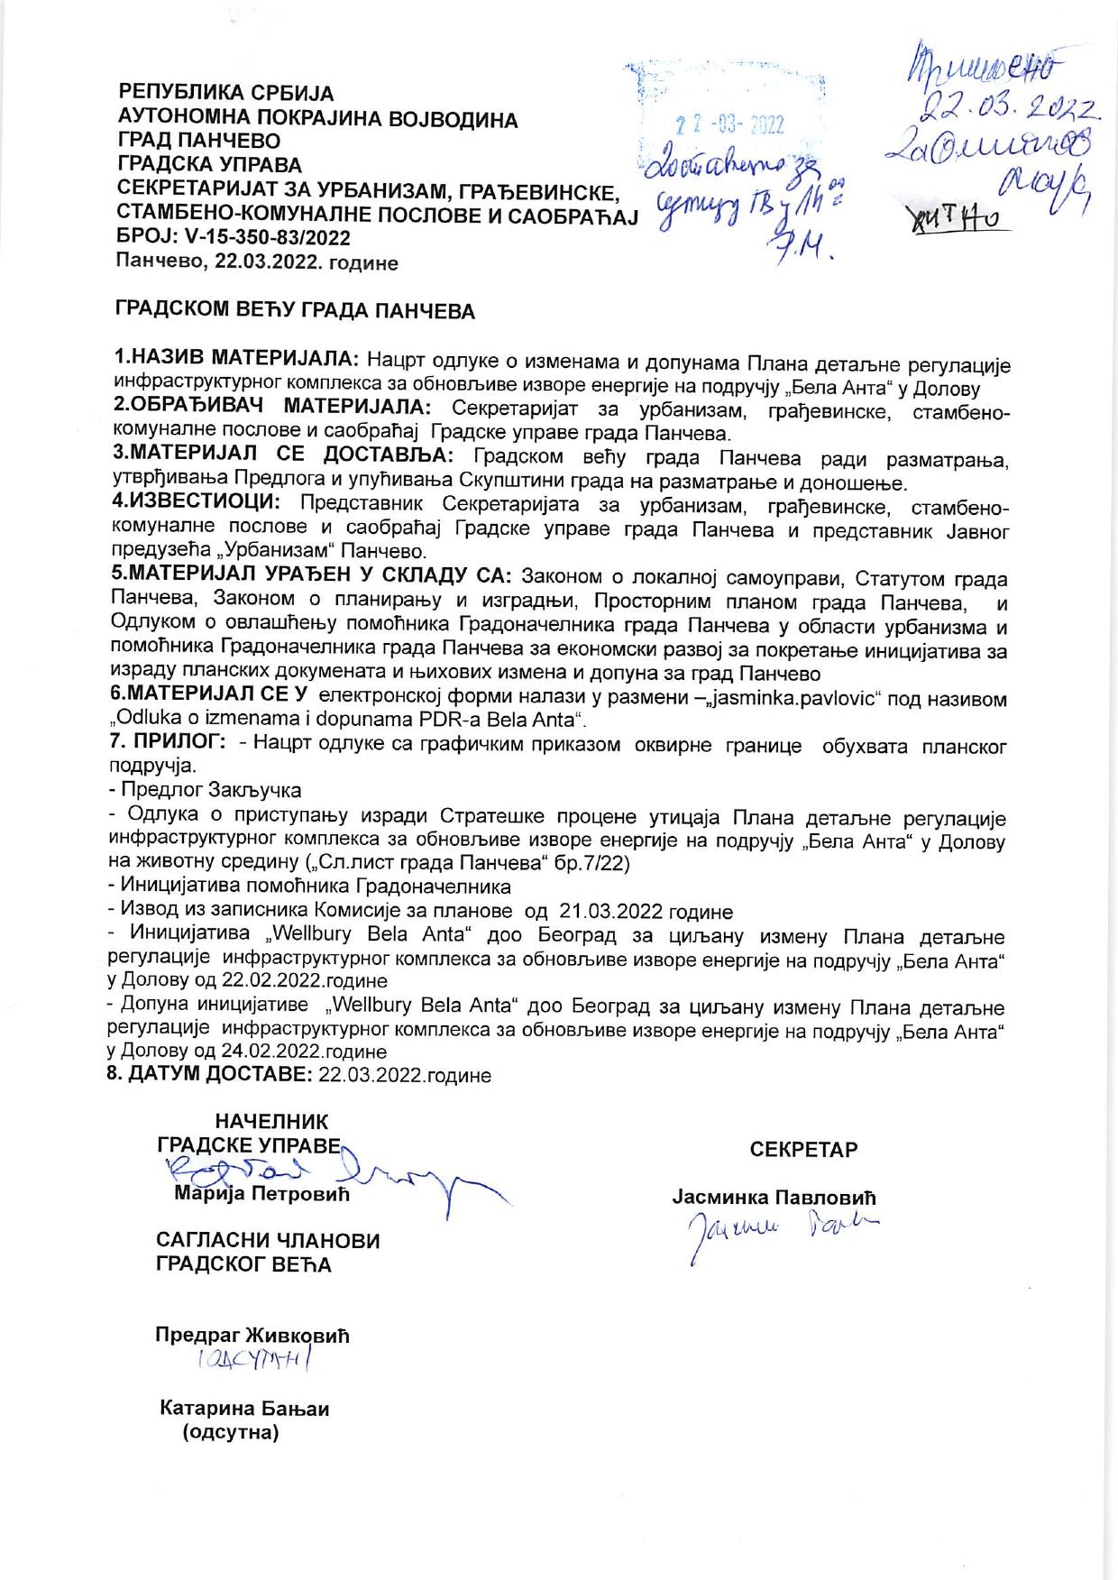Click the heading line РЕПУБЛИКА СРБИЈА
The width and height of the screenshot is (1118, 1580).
[226, 93]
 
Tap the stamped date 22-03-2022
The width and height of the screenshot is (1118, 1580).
[730, 125]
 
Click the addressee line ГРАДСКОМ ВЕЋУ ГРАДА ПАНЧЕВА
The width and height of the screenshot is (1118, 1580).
[295, 312]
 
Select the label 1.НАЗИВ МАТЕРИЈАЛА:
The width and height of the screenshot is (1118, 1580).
[237, 355]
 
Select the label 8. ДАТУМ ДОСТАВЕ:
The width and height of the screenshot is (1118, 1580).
[210, 1075]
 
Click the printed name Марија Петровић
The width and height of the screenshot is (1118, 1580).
[261, 1195]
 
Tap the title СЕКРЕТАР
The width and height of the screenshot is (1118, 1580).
[803, 1150]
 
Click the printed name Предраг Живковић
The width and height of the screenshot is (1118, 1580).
[252, 1336]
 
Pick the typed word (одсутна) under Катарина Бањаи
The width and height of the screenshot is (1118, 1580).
[231, 1432]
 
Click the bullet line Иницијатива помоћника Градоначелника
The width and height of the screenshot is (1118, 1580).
[309, 886]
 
